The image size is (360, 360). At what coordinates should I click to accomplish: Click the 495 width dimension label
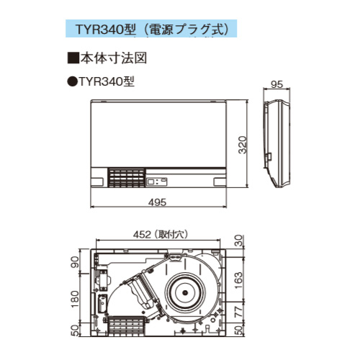(158, 202)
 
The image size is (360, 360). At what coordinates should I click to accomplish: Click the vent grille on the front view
(127, 179)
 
